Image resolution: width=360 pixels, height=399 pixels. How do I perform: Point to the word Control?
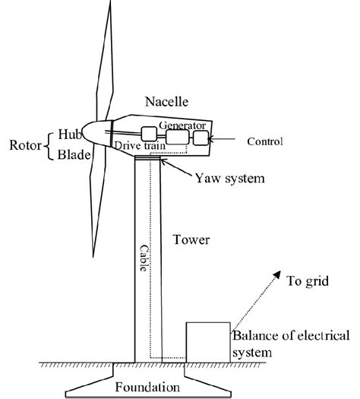pos(265,141)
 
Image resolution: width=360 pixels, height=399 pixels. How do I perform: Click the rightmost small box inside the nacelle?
pos(201,138)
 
